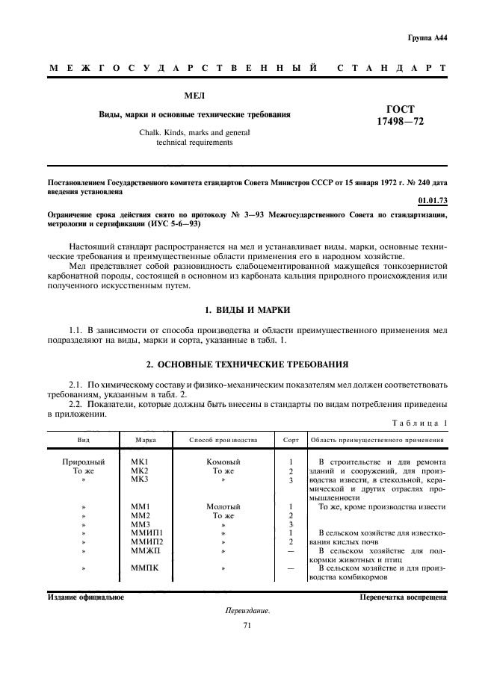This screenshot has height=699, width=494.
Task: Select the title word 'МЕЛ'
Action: click(x=195, y=96)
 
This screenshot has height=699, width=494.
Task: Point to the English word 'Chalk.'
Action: click(x=152, y=132)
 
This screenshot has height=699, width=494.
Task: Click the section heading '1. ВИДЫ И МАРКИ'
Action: click(x=247, y=309)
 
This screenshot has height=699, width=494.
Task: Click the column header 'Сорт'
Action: click(x=290, y=440)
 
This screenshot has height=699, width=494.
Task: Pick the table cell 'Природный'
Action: click(x=83, y=462)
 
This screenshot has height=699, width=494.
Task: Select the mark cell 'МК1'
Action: click(x=141, y=462)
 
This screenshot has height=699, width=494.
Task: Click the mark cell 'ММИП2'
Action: click(x=146, y=541)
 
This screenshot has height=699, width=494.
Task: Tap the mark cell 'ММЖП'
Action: click(x=144, y=550)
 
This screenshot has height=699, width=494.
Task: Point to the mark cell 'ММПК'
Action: click(x=144, y=568)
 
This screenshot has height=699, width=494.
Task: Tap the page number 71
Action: click(x=247, y=626)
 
